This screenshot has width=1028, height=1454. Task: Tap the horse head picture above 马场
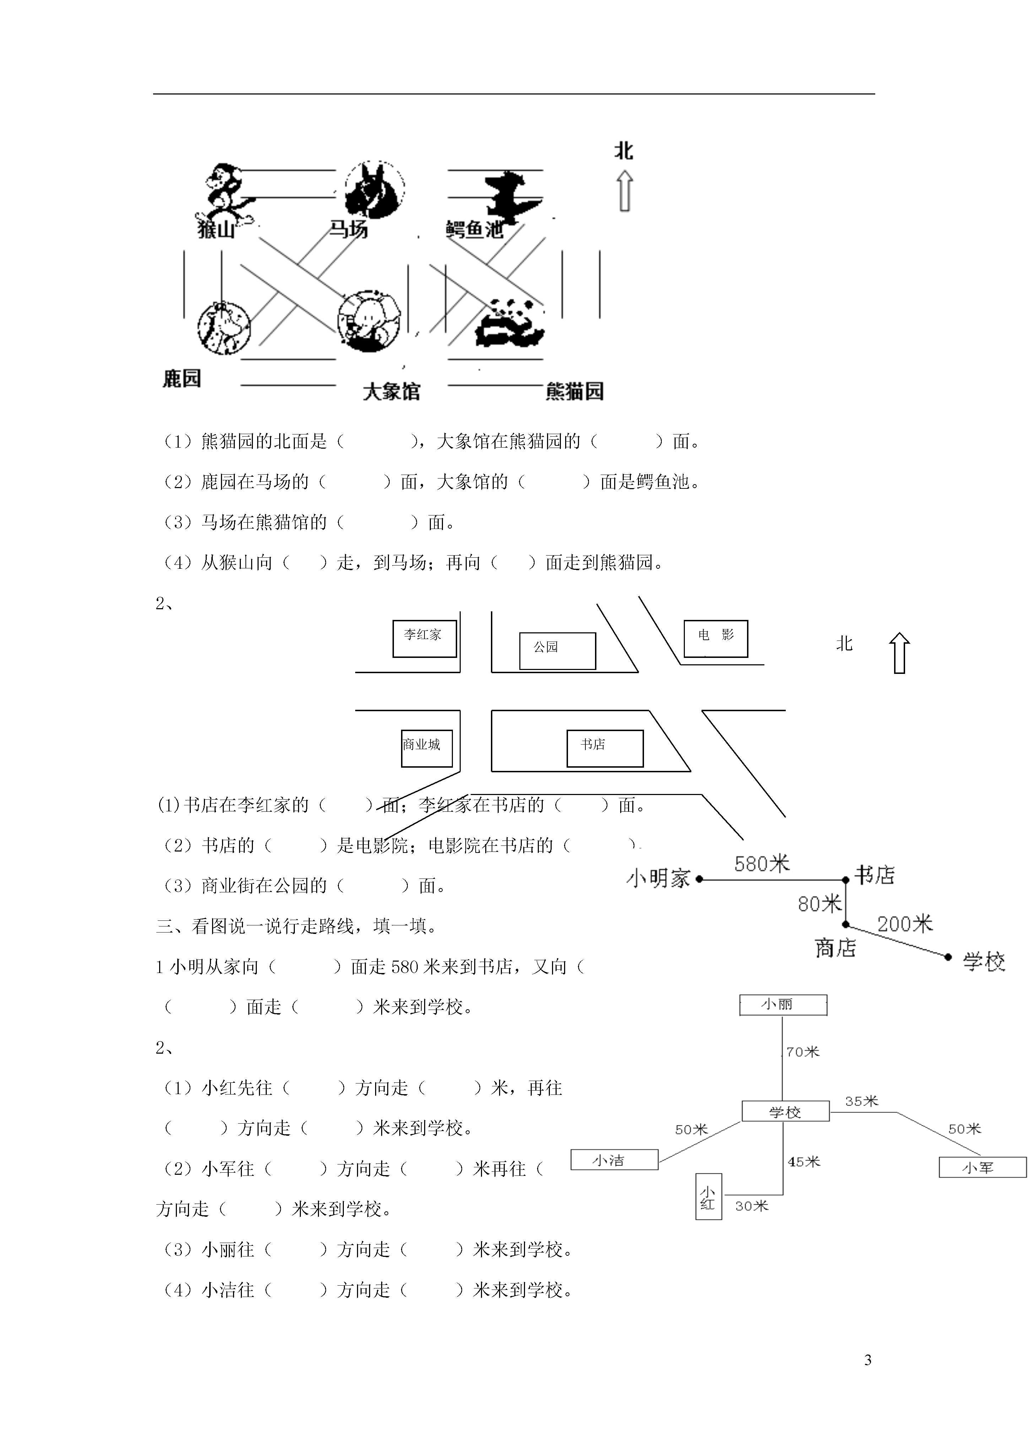pyautogui.click(x=375, y=190)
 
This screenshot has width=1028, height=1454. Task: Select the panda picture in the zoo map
pyautogui.click(x=510, y=323)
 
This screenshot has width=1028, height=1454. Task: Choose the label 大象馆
pyautogui.click(x=391, y=391)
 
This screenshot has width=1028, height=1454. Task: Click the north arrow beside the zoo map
pyautogui.click(x=625, y=193)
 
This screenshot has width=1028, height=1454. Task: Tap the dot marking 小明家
pyautogui.click(x=699, y=879)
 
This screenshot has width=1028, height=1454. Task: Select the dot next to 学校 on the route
pyautogui.click(x=948, y=957)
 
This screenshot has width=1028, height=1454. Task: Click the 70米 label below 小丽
pyautogui.click(x=802, y=1052)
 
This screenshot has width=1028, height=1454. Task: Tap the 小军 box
pyautogui.click(x=983, y=1167)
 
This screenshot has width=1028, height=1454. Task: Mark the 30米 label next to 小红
pyautogui.click(x=752, y=1206)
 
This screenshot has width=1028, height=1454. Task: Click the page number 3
pyautogui.click(x=868, y=1360)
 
